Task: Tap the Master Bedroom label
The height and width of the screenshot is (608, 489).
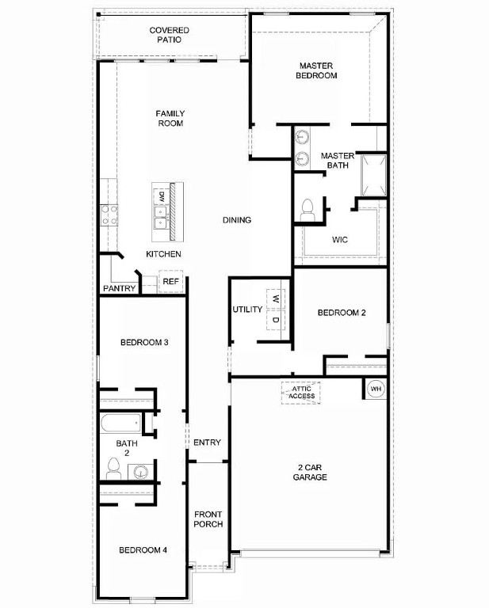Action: (318, 70)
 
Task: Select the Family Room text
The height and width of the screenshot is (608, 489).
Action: (170, 119)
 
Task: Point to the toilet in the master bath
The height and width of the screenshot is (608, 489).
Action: (308, 210)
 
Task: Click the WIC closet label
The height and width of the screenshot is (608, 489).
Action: (340, 239)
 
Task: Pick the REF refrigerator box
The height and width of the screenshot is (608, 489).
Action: (171, 282)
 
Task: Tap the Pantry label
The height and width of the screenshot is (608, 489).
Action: (119, 289)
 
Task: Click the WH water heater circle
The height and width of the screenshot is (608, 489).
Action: (376, 389)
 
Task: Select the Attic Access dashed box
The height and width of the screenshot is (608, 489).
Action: (301, 392)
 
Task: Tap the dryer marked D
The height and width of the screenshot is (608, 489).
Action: (275, 320)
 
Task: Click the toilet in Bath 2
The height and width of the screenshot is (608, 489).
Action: (113, 468)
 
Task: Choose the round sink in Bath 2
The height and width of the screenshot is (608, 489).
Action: (140, 473)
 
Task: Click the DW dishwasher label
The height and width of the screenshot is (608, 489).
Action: (161, 196)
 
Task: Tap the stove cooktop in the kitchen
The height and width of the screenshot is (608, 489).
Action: (109, 215)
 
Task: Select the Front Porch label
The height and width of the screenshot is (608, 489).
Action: (208, 519)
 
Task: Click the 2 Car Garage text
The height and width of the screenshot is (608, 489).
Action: (309, 472)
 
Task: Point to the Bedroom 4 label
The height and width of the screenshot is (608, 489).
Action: (143, 550)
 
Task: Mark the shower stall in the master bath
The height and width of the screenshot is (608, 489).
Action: (373, 175)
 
